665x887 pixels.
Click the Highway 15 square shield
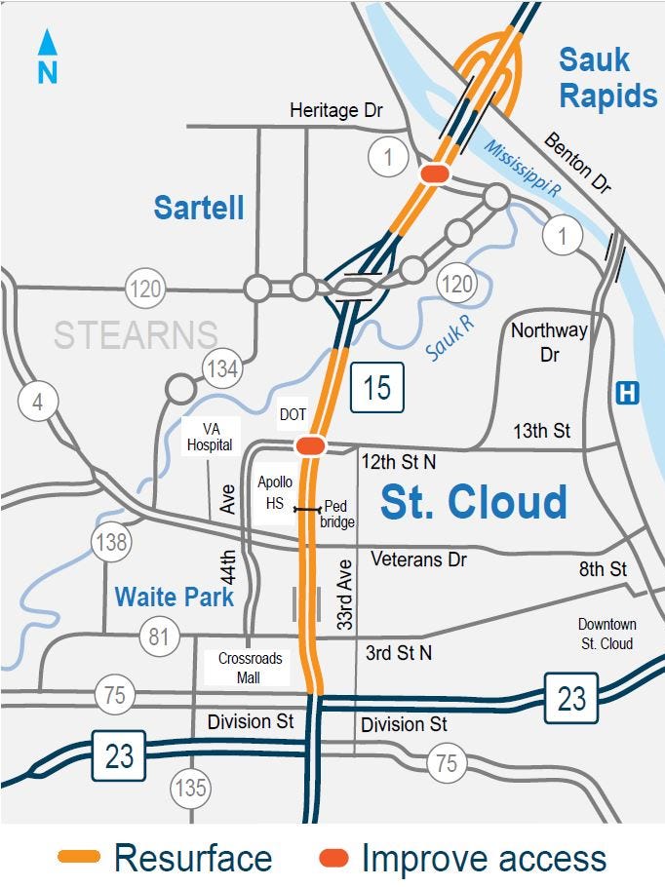pyautogui.click(x=376, y=387)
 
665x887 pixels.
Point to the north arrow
pyautogui.click(x=48, y=57)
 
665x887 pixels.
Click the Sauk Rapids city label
pyautogui.click(x=606, y=78)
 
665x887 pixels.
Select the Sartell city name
pyautogui.click(x=199, y=207)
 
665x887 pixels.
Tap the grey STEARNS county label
pyautogui.click(x=136, y=334)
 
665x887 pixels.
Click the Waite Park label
pyautogui.click(x=175, y=596)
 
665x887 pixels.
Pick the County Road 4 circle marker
pyautogui.click(x=38, y=403)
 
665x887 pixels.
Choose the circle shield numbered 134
pyautogui.click(x=221, y=368)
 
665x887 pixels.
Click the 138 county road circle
pyautogui.click(x=112, y=541)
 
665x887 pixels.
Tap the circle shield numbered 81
pyautogui.click(x=159, y=638)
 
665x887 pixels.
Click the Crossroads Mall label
pyautogui.click(x=251, y=668)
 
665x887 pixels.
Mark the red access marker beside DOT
pyautogui.click(x=311, y=445)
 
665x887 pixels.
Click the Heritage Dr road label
pyautogui.click(x=336, y=111)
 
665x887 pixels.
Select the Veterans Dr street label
pyautogui.click(x=418, y=559)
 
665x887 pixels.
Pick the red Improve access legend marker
pyautogui.click(x=333, y=858)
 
